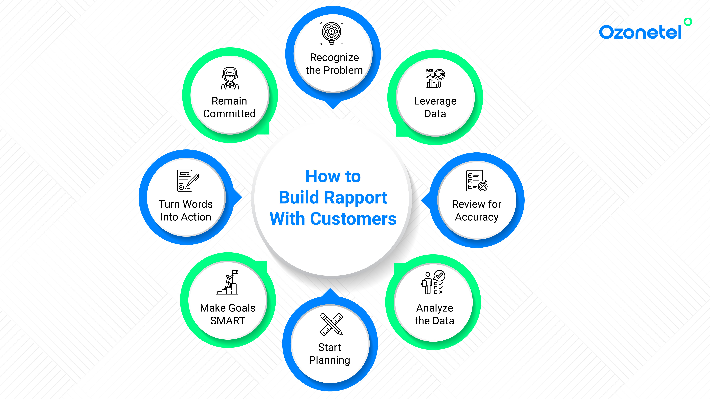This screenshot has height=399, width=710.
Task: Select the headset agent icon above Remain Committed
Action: [x=230, y=78]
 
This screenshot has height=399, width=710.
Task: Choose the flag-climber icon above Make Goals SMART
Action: [x=227, y=282]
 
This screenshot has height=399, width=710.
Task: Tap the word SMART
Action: [x=228, y=321]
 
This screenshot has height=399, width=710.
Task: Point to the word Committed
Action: [x=229, y=114]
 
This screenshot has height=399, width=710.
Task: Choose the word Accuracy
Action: [x=477, y=217]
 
